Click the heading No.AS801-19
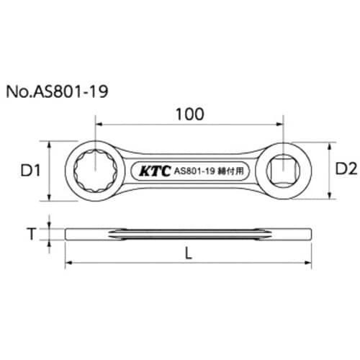(59, 93)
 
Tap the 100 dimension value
(189, 114)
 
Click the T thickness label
(29, 234)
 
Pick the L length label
(189, 254)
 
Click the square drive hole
(287, 171)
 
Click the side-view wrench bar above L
(189, 234)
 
